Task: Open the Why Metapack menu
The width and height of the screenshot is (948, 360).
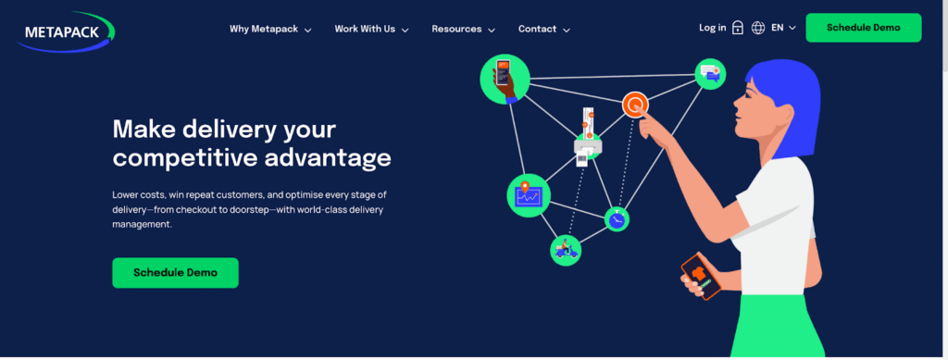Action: click(269, 29)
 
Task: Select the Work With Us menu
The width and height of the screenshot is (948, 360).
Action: click(371, 29)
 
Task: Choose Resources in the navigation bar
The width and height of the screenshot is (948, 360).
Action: click(463, 29)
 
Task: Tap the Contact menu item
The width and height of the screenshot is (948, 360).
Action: click(543, 29)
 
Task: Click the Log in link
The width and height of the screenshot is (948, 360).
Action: click(712, 28)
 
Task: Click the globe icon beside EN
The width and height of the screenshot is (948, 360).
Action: click(758, 28)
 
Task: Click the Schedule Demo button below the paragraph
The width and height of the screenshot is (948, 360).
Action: click(175, 273)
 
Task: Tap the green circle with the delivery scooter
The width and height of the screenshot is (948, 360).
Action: click(565, 250)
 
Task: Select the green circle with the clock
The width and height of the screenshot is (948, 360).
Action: click(617, 218)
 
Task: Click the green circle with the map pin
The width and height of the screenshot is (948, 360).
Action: click(529, 195)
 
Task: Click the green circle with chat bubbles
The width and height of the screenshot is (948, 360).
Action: click(710, 74)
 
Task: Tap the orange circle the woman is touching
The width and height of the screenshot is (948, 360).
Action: click(634, 106)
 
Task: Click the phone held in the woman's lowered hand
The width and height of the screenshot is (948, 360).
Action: click(701, 275)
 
